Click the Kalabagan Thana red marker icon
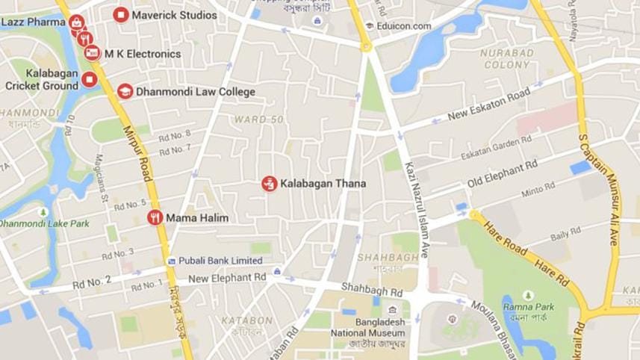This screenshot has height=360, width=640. (x=269, y=183)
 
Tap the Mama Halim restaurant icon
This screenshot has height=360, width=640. (x=155, y=218)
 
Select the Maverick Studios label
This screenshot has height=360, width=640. (x=174, y=15)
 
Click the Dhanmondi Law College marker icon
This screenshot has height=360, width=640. (x=125, y=91)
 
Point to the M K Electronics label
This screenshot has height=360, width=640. (x=142, y=55)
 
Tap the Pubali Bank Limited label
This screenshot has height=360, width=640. (x=220, y=261)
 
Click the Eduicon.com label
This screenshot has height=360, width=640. (x=404, y=26)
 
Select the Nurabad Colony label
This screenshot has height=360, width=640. (x=507, y=59)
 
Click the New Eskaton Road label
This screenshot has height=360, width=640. (x=488, y=105)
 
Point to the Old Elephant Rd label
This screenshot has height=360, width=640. (x=502, y=174)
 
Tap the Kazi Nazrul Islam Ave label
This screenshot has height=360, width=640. (x=415, y=210)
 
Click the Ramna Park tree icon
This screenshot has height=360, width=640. (x=529, y=296)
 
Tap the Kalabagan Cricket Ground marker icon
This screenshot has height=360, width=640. (x=90, y=80)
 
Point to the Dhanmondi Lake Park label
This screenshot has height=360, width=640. (x=44, y=223)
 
